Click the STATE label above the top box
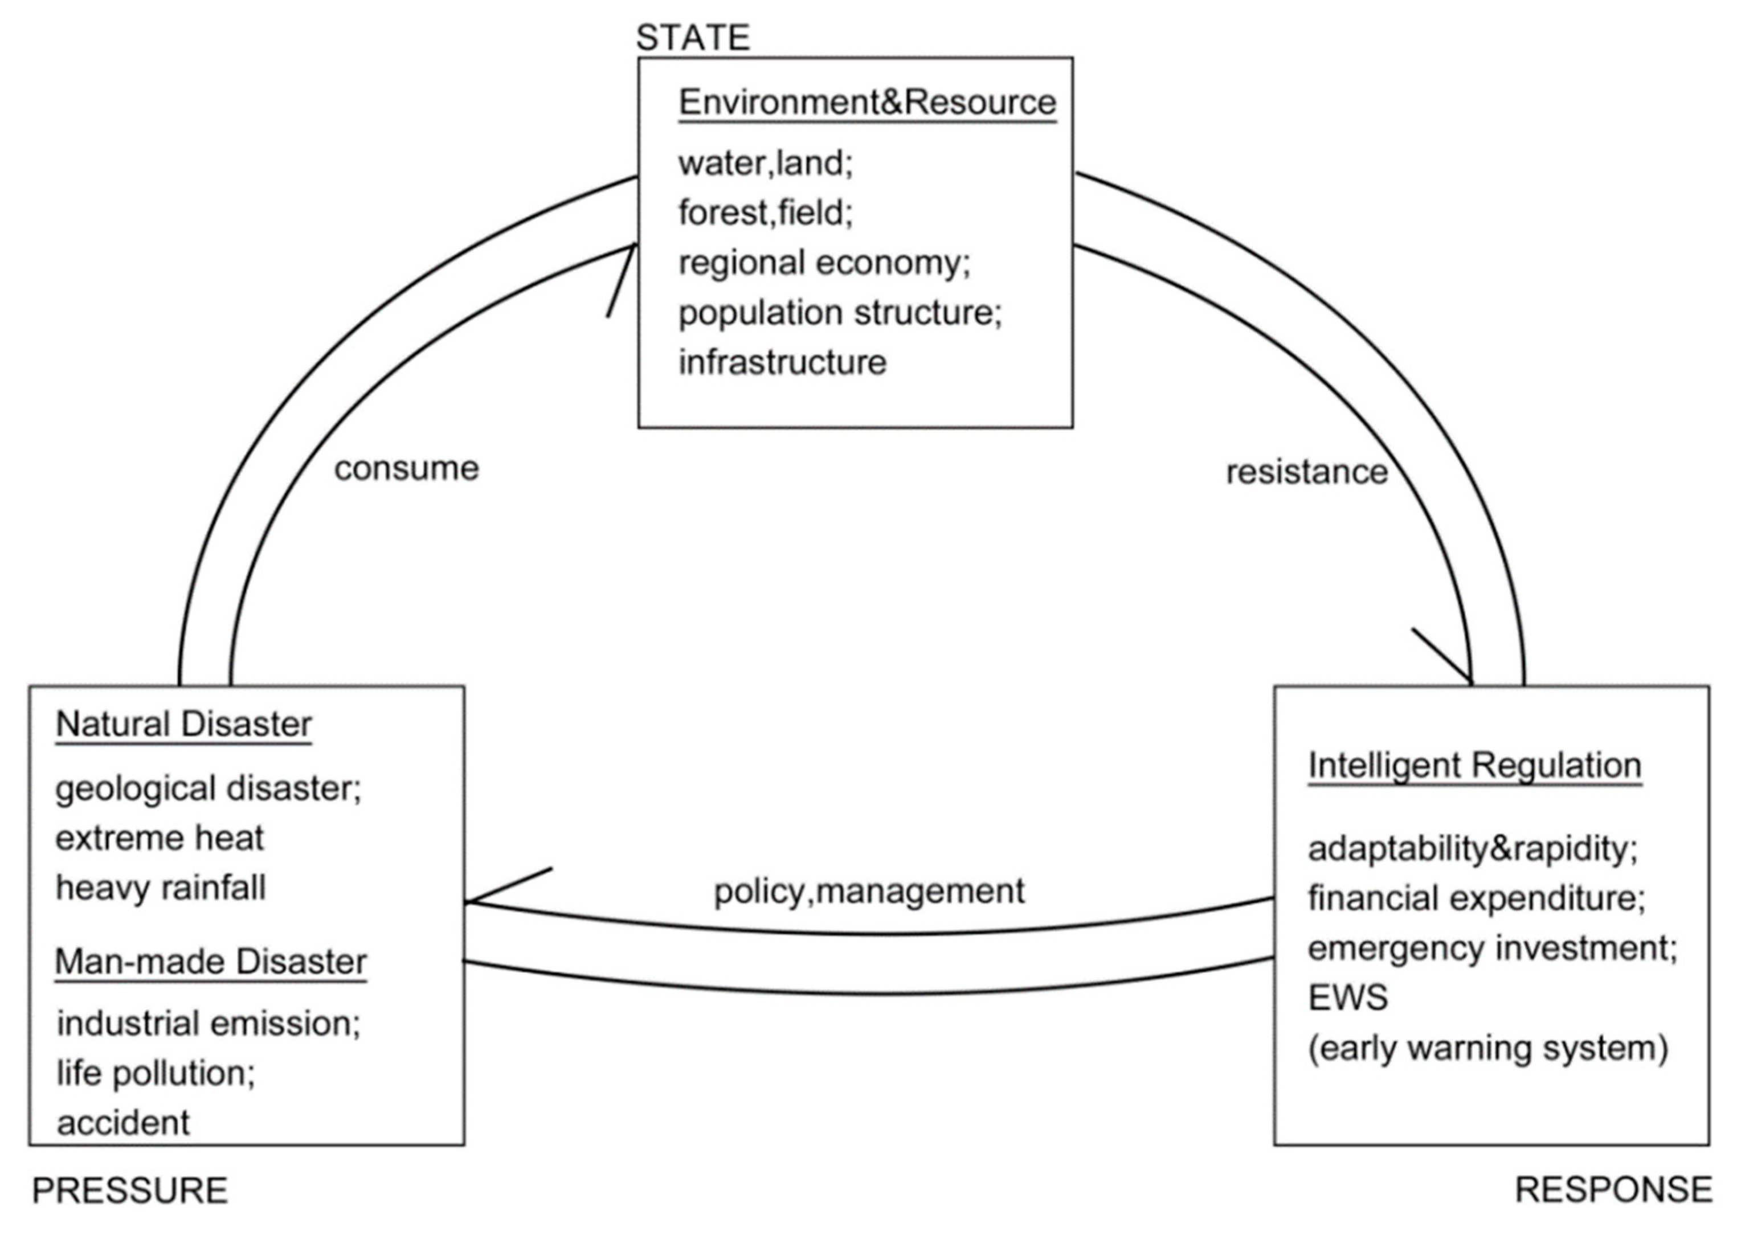tap(693, 38)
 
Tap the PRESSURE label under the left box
tap(130, 1190)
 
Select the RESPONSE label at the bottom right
tap(1613, 1189)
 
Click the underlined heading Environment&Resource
tap(867, 103)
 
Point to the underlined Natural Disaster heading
tap(183, 724)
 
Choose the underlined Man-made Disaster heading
tap(211, 962)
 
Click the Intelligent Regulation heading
tap(1474, 765)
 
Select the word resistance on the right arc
tap(1306, 472)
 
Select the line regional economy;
tap(824, 263)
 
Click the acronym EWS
tap(1347, 997)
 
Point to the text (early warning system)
tap(1487, 1048)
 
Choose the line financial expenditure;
tap(1476, 898)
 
